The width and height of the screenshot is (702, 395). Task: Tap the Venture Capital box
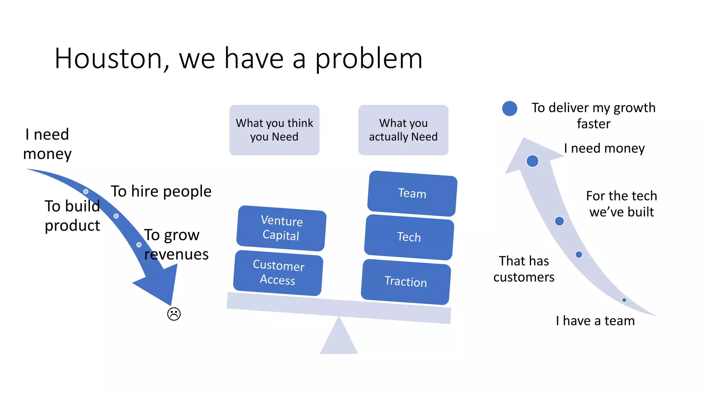pos(281,228)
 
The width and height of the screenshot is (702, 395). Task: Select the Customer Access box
pos(278,273)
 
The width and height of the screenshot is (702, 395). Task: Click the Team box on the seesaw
pos(412,194)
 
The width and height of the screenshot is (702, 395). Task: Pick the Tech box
pos(409,237)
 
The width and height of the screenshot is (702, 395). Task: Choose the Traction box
pos(406,282)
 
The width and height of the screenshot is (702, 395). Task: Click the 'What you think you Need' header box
pos(274,130)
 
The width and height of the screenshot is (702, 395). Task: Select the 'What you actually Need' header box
pos(403,130)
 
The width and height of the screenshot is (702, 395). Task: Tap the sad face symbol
pos(174,314)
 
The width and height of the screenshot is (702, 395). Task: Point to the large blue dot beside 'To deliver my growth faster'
pos(510,108)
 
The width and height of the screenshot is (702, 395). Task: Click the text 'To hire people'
pos(161,191)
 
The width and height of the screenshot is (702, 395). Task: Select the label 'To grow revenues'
pos(176,244)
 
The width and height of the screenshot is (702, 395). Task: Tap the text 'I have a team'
pos(595,321)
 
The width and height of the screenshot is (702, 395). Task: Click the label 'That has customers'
pos(524,269)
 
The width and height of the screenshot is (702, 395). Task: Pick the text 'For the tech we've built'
pos(621,204)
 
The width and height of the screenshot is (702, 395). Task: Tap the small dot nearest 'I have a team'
pos(624,300)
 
